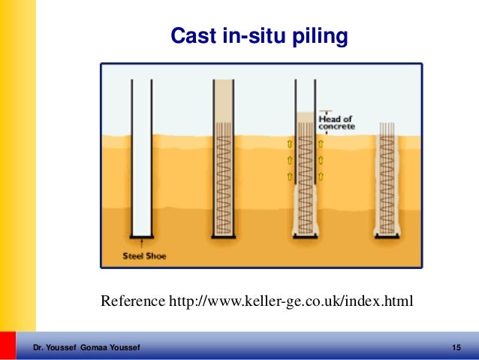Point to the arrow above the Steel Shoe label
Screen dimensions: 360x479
coord(143,245)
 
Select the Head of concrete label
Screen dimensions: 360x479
coord(336,123)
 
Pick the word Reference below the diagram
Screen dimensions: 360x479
coord(132,302)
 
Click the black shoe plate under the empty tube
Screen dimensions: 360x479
coord(142,236)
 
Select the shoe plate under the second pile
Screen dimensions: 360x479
coord(224,236)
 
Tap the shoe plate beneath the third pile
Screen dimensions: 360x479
coord(305,236)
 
